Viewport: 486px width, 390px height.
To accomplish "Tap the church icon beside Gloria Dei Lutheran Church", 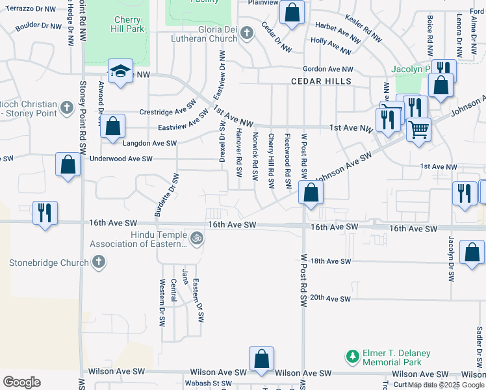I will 246,32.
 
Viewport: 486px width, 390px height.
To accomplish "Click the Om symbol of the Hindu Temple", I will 197,239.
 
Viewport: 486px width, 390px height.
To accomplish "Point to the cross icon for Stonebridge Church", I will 98,263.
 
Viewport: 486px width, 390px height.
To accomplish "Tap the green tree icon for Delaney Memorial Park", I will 352,357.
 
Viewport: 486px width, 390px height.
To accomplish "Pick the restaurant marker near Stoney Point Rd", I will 45,213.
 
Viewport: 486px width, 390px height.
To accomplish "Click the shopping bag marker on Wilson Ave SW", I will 261,359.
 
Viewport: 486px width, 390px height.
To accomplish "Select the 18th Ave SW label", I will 331,261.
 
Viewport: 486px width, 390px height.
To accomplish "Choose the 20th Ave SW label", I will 331,298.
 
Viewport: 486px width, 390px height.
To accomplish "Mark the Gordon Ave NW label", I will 328,69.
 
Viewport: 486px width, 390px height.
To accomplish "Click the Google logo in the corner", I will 21,382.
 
